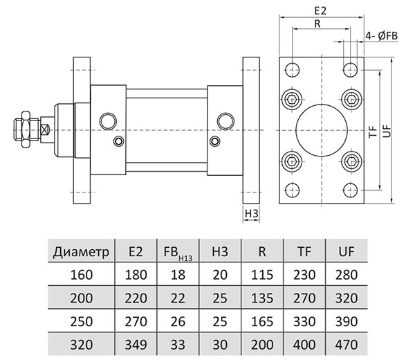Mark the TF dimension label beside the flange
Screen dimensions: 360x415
tap(373, 129)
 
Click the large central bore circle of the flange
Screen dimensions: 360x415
tap(320, 129)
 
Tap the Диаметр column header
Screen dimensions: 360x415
tap(81, 251)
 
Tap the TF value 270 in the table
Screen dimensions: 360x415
tap(304, 298)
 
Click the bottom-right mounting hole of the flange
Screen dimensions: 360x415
tap(350, 190)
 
